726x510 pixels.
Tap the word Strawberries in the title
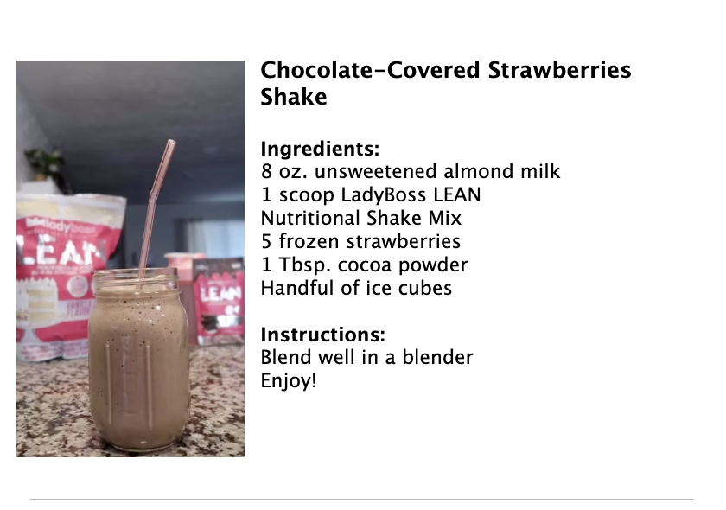pos(559,70)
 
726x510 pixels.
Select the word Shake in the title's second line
pos(294,97)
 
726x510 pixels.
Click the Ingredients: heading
pos(320,149)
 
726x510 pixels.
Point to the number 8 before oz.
pos(266,171)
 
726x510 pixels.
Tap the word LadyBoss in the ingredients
pos(383,194)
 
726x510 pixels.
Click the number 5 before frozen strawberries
pos(266,241)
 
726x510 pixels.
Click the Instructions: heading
pos(322,335)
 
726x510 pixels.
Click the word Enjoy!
pos(289,381)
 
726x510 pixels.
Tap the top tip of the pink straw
pos(171,142)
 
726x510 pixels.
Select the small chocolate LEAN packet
pos(218,301)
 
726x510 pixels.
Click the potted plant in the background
pos(44,163)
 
